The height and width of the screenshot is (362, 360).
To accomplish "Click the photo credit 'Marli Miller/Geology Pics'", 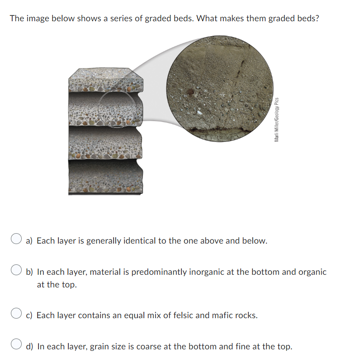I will [276, 119].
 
